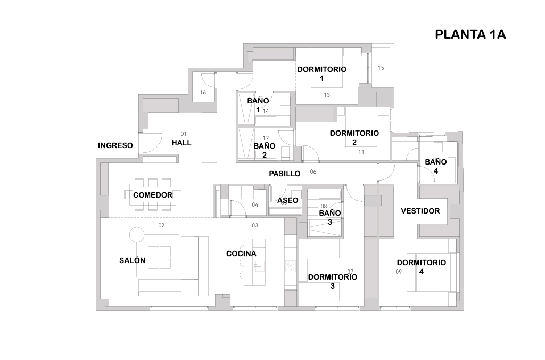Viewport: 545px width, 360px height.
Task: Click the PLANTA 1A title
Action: coord(470,35)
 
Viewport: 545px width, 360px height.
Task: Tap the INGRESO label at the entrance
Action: coord(115,145)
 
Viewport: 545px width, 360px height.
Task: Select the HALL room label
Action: coord(181,143)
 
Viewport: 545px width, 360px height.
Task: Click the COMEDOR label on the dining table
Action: coord(153,195)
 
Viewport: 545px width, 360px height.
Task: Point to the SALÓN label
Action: coord(132,260)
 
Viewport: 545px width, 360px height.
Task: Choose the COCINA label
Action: coord(241,253)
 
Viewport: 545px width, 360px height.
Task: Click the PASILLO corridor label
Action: coord(285,174)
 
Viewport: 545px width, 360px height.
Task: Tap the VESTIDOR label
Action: coord(420,211)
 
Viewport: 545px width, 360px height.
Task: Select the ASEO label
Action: coord(288,200)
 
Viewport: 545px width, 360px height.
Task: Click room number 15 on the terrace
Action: coord(381,68)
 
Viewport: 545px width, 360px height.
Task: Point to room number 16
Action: coord(203,92)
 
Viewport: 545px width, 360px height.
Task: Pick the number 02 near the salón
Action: coord(161,225)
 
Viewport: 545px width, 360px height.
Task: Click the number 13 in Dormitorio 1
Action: coord(327,95)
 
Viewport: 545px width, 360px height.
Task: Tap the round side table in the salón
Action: coord(137,235)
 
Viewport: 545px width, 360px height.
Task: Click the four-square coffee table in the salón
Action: coord(159,257)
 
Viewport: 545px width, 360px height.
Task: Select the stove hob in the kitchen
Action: coord(290,266)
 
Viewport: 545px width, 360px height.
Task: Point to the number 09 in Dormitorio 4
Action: coord(399,272)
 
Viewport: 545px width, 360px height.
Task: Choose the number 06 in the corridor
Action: coord(313,171)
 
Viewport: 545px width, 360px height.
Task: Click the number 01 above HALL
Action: coord(184,134)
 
